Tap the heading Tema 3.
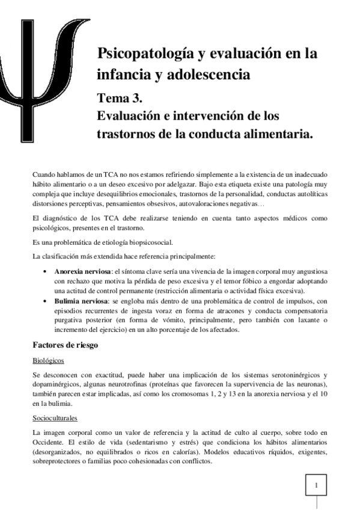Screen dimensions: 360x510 tap(119, 95)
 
